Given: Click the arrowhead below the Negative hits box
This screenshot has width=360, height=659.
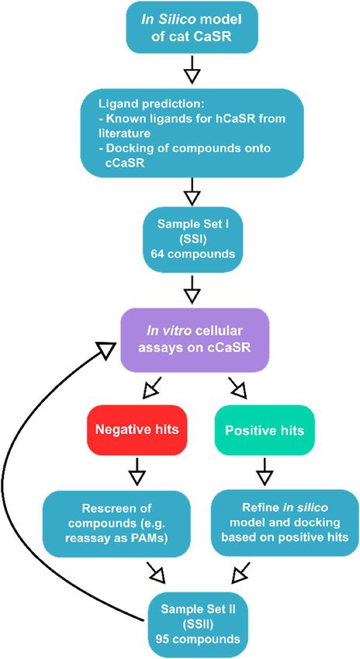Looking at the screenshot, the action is pyautogui.click(x=136, y=477).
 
